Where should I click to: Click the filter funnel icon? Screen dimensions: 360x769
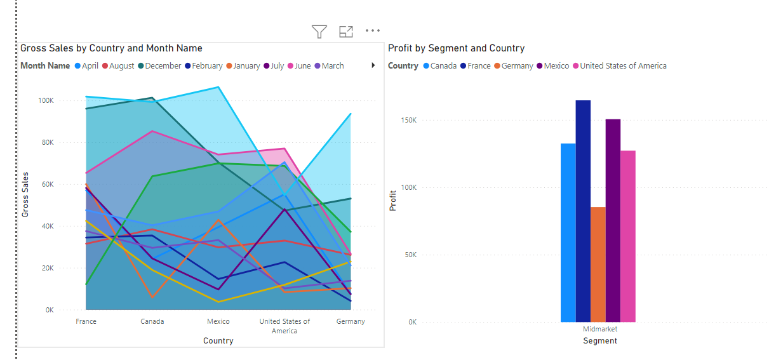(x=319, y=31)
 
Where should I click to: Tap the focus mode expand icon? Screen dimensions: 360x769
(x=346, y=31)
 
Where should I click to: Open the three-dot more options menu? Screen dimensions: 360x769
(x=373, y=30)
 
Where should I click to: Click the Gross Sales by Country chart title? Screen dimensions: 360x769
(x=111, y=48)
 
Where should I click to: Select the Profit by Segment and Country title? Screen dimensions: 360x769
(x=456, y=48)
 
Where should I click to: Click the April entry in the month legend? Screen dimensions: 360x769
(x=86, y=65)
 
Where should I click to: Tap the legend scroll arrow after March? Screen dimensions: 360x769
(x=373, y=65)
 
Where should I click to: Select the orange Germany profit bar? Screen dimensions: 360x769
(x=598, y=264)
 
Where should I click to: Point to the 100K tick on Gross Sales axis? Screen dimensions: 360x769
(x=46, y=100)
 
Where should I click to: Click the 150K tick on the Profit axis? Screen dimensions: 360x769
(x=408, y=120)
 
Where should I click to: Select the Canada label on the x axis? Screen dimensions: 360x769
(x=152, y=321)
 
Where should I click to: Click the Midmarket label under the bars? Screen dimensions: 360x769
(x=600, y=329)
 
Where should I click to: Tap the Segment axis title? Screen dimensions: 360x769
(x=599, y=341)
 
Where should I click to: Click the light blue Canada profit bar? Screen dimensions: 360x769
(x=568, y=232)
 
